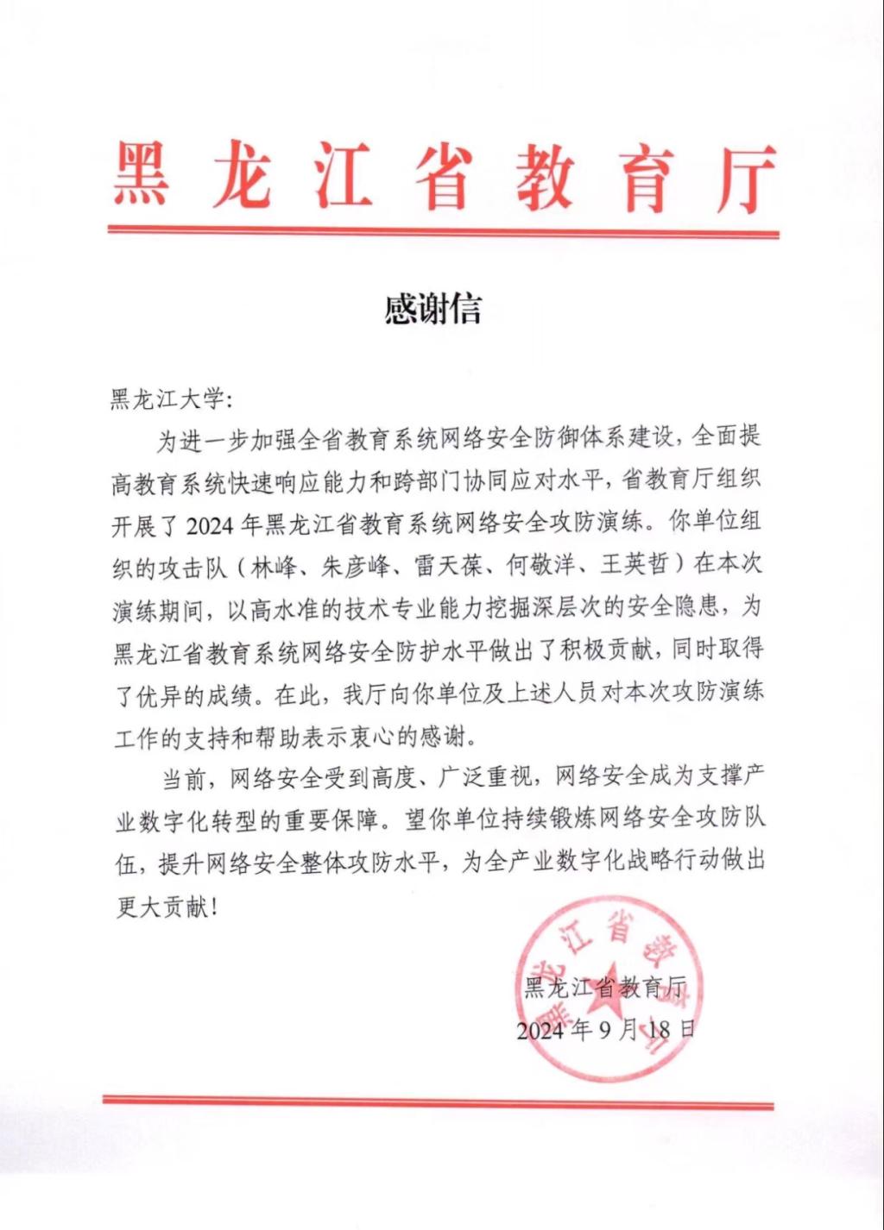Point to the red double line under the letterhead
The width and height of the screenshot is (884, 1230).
(443, 231)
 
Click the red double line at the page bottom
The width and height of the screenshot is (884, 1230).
(439, 1101)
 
